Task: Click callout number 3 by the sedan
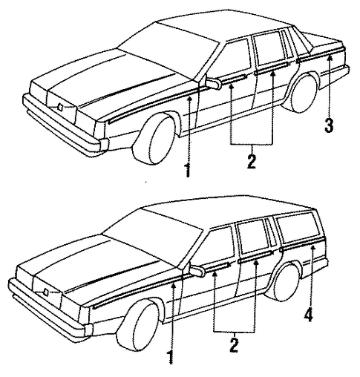(x=329, y=125)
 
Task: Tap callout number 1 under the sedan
(x=188, y=170)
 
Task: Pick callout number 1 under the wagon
(x=171, y=357)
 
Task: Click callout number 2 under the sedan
(x=252, y=162)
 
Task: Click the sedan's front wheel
(x=154, y=139)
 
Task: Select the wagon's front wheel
(x=139, y=327)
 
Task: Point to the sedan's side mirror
(x=213, y=84)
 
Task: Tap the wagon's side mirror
(x=197, y=270)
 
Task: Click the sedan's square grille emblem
(x=60, y=107)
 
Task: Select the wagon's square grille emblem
(x=45, y=292)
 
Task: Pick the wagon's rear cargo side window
(x=299, y=228)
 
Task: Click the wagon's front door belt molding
(x=217, y=266)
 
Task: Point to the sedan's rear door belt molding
(x=272, y=68)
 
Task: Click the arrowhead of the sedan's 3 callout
(x=330, y=59)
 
